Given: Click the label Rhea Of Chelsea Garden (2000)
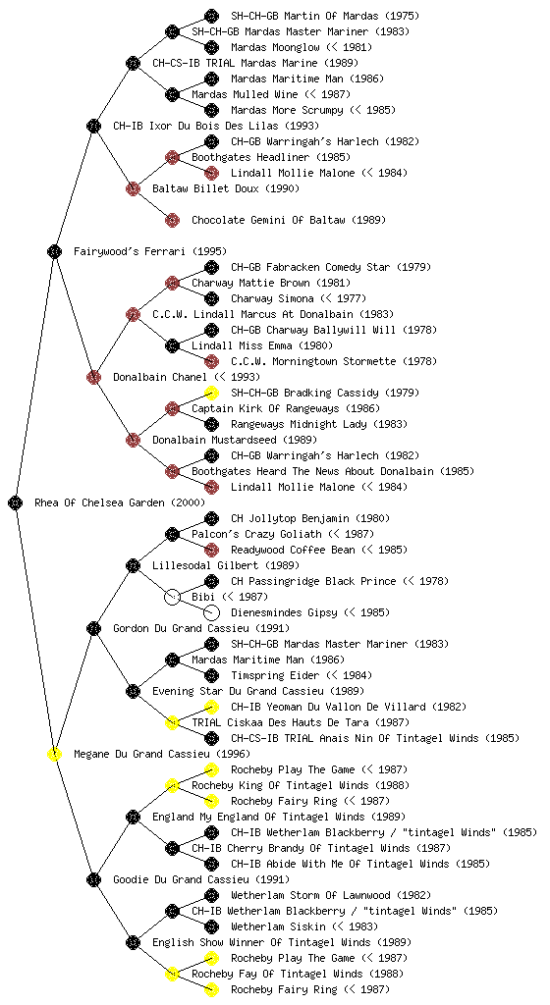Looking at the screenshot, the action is pyautogui.click(x=120, y=502).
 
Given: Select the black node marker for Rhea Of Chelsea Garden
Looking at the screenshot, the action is pyautogui.click(x=16, y=502).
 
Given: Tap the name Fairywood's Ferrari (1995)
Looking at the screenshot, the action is pyautogui.click(x=150, y=251).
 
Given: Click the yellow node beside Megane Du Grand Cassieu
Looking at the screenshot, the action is pyautogui.click(x=54, y=754).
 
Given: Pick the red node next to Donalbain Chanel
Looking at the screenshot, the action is pyautogui.click(x=93, y=377).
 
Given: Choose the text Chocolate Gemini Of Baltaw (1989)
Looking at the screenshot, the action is pyautogui.click(x=289, y=220).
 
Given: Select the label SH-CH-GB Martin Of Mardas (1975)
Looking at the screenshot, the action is pyautogui.click(x=325, y=16).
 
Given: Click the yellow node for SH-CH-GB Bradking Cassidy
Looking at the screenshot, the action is pyautogui.click(x=211, y=393).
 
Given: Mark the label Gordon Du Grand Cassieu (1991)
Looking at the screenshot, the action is pyautogui.click(x=201, y=628).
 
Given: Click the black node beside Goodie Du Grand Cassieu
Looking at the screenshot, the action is pyautogui.click(x=93, y=879).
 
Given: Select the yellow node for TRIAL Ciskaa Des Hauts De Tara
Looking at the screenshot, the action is pyautogui.click(x=172, y=722).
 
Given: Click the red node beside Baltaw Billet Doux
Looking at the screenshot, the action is pyautogui.click(x=133, y=188).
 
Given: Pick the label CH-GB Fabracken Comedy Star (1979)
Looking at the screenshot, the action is pyautogui.click(x=331, y=267).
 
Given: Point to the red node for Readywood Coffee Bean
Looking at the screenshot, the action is pyautogui.click(x=211, y=550).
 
